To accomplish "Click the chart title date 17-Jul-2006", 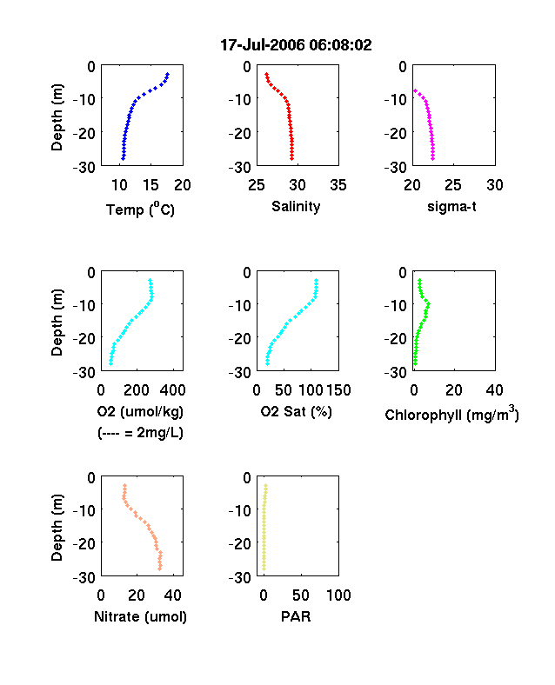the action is click(263, 45).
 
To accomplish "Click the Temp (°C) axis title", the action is click(140, 209).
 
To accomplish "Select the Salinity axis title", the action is click(296, 206).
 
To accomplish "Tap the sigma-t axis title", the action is click(451, 206).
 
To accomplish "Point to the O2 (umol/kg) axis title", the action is click(140, 411).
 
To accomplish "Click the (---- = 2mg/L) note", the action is click(140, 433).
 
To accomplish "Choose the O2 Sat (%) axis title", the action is click(297, 411).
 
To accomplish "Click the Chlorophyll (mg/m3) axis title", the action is click(451, 414).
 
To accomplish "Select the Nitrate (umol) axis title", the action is click(140, 616).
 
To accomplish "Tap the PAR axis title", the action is click(296, 616).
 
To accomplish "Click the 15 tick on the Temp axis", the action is click(150, 185).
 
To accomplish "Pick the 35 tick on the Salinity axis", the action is click(338, 185).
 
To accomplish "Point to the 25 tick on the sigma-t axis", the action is click(453, 185).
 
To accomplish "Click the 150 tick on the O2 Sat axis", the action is click(338, 390).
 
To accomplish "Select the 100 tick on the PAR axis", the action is click(338, 595).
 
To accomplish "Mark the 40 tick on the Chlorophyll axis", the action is click(494, 390).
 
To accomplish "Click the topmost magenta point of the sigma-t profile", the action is click(415, 91).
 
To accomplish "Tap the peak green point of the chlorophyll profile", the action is click(428, 303).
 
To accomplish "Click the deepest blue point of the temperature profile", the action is click(124, 158).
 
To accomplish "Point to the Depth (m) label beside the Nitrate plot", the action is click(57, 528).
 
